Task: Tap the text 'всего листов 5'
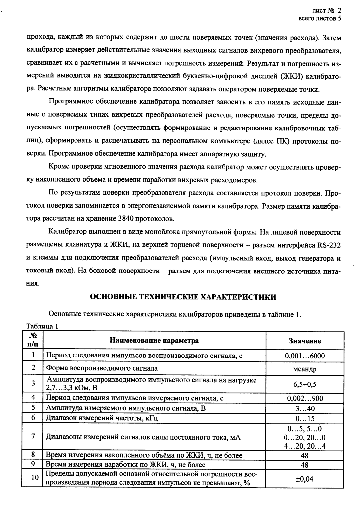click(x=319, y=18)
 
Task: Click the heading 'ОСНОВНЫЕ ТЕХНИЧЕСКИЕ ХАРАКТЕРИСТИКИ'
click(x=183, y=297)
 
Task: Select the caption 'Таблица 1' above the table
click(x=42, y=327)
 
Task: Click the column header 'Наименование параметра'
click(x=154, y=340)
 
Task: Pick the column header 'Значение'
click(x=305, y=341)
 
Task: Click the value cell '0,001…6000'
click(x=305, y=356)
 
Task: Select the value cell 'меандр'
click(x=305, y=369)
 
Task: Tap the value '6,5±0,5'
click(x=305, y=384)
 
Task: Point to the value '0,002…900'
click(x=305, y=398)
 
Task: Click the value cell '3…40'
click(x=305, y=409)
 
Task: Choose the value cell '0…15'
click(x=305, y=419)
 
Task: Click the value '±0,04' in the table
click(x=305, y=479)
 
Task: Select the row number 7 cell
click(x=33, y=437)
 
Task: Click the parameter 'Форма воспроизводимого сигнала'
click(x=102, y=368)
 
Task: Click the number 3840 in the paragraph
click(x=126, y=218)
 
